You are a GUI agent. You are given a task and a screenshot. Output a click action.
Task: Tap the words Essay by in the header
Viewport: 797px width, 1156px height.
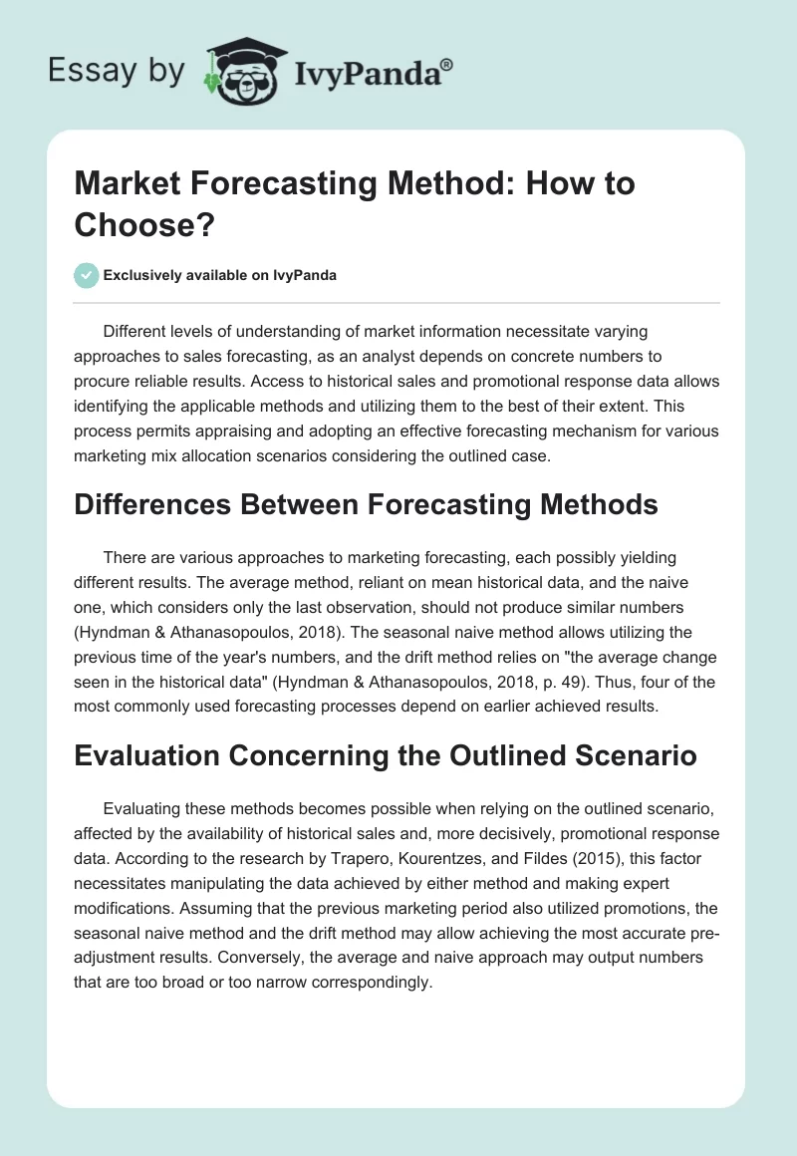coord(117,72)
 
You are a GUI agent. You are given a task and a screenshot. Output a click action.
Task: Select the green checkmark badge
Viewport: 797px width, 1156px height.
coord(87,275)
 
